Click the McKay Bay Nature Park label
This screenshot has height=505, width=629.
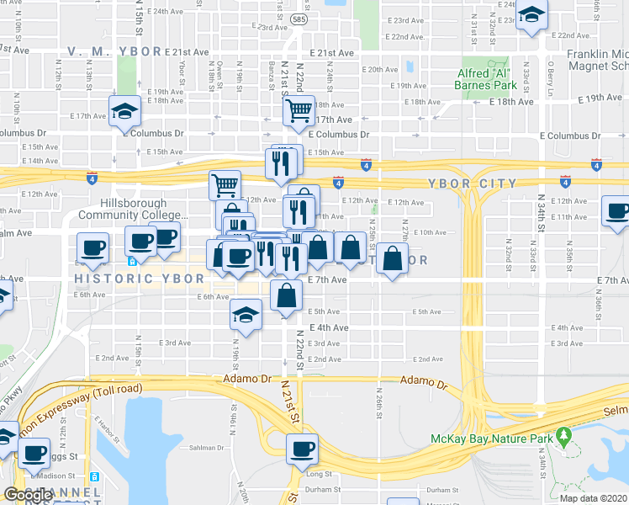pos(491,439)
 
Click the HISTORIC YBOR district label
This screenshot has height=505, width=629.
pos(138,278)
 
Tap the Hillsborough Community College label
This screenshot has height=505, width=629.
pos(133,210)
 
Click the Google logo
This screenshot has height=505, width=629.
pos(28,494)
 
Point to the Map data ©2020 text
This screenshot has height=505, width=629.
pos(594,498)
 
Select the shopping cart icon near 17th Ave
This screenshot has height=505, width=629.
pos(299,109)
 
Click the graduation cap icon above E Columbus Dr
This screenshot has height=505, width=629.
pos(124,111)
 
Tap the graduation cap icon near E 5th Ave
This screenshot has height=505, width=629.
pos(245,315)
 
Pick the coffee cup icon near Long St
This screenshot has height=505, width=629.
pos(301,449)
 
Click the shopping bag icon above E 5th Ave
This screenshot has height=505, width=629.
pos(286,296)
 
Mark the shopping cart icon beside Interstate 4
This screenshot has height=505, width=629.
pos(225,184)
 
